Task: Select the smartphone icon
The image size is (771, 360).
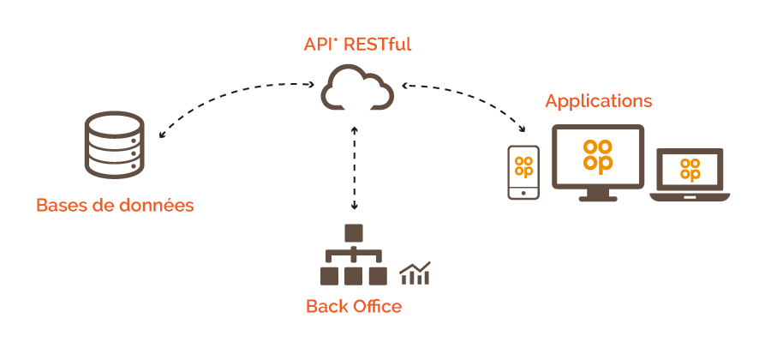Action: (x=523, y=172)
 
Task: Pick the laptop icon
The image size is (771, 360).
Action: (x=690, y=175)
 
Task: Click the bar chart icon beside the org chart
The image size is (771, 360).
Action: (x=415, y=273)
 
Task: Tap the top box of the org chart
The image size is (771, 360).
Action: (x=354, y=233)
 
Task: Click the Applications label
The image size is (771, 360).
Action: (x=599, y=101)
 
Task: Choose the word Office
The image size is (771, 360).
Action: (x=377, y=306)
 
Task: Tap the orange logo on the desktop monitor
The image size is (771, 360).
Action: (x=598, y=155)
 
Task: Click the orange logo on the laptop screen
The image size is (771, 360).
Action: (x=690, y=170)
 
